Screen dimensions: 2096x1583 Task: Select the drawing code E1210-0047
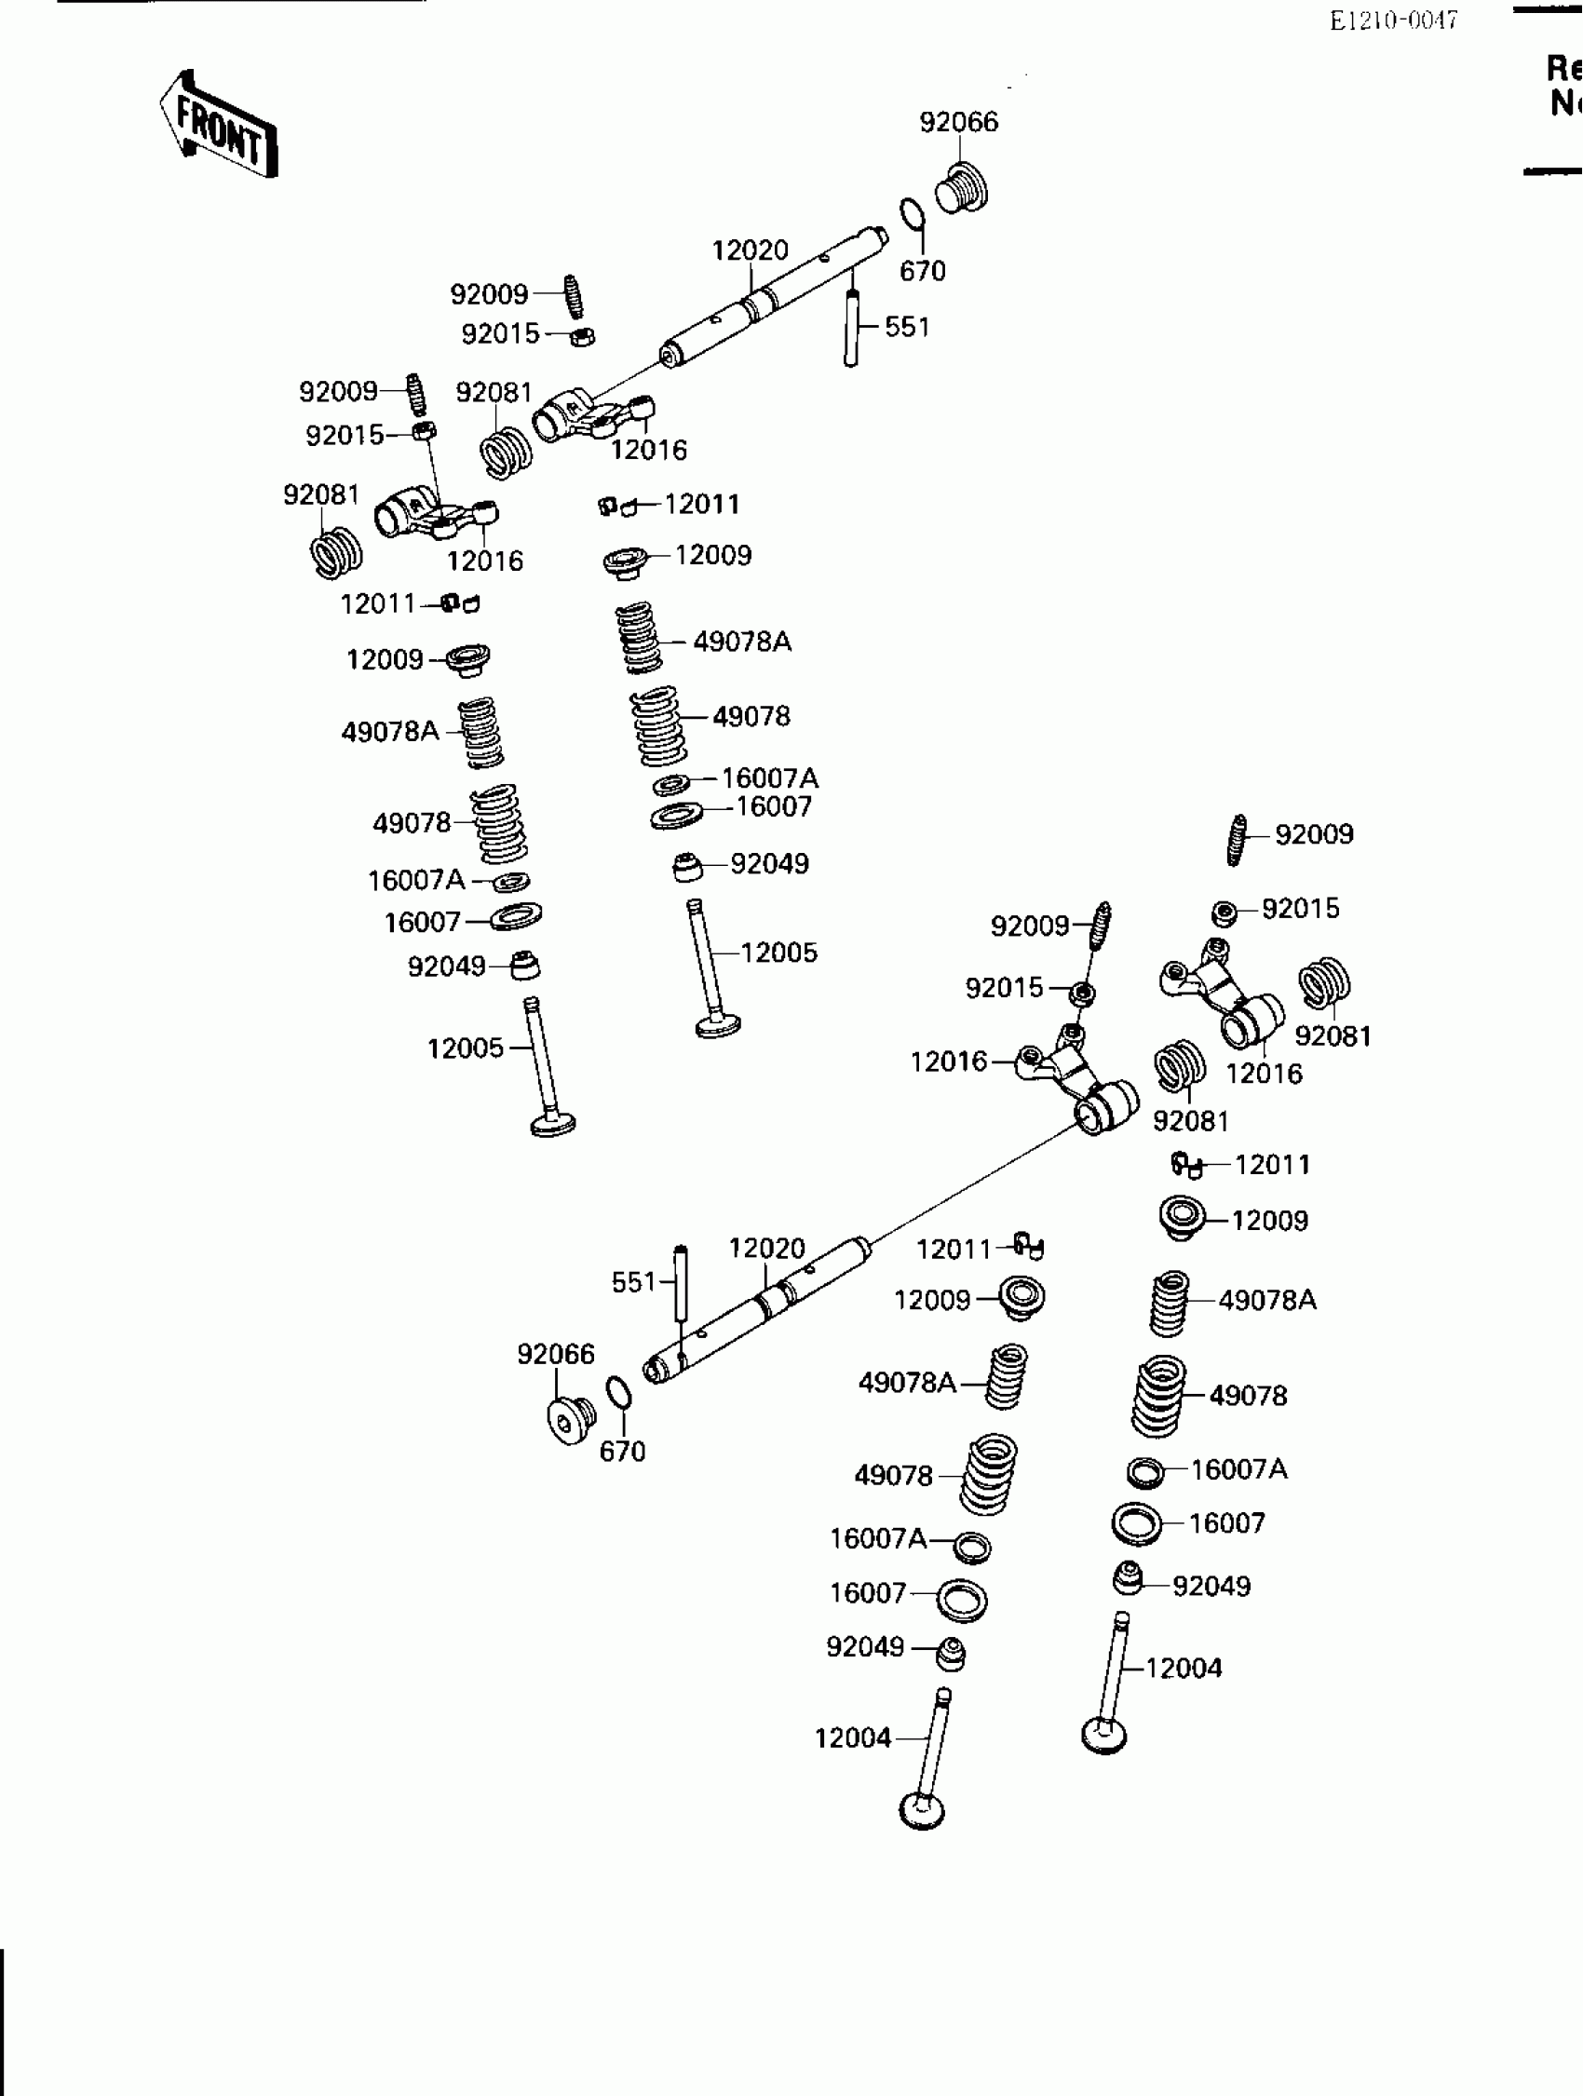click(x=1393, y=20)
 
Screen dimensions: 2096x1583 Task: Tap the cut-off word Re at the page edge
click(x=1563, y=68)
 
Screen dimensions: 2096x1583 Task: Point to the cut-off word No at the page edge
click(x=1565, y=102)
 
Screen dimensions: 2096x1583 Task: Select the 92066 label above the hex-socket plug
click(x=556, y=1354)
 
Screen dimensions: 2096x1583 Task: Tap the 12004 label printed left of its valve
click(x=853, y=1738)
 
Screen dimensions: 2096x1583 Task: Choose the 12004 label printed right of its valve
click(x=1184, y=1668)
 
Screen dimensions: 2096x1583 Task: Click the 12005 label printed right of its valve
click(x=778, y=953)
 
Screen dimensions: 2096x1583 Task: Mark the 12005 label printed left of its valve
click(x=466, y=1048)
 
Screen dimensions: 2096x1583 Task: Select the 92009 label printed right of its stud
click(x=1314, y=834)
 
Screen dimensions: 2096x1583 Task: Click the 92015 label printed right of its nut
click(x=1301, y=909)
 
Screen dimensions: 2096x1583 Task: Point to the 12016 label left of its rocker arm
click(x=948, y=1062)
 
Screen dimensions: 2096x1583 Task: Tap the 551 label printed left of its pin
click(x=634, y=1282)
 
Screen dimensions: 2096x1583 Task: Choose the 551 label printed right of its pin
click(x=907, y=327)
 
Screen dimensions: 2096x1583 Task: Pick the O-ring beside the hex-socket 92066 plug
click(x=617, y=1393)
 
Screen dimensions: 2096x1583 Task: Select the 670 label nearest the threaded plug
click(x=923, y=272)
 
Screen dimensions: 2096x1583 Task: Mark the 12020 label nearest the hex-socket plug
click(x=766, y=1248)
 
